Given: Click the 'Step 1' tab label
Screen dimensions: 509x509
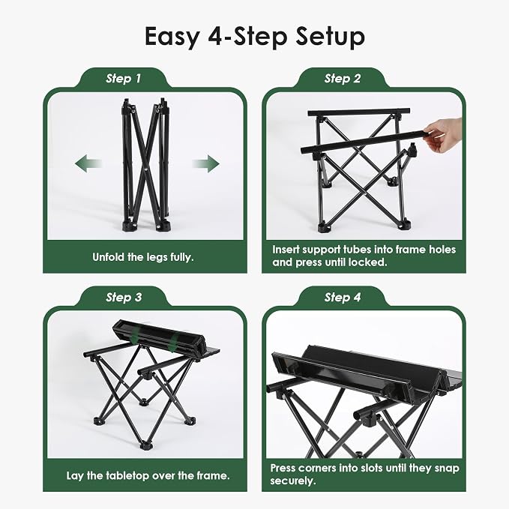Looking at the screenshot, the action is pos(124,79).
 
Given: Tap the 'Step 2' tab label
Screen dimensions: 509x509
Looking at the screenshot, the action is pos(343,79).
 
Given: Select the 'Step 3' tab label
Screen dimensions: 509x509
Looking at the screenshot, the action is pos(124,298).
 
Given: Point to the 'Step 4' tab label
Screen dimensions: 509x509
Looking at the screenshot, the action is pos(343,298).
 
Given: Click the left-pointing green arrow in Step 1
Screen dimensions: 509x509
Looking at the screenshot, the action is pos(88,163).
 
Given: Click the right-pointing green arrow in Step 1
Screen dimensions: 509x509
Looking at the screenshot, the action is pos(206,163).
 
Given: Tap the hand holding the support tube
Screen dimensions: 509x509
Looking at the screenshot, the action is pos(444,135).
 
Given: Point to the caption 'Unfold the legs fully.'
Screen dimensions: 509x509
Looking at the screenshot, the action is pos(143,257).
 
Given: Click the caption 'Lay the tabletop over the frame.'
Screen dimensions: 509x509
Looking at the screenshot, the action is pos(148,475).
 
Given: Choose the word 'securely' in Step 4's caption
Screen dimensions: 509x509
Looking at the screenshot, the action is pos(293,481).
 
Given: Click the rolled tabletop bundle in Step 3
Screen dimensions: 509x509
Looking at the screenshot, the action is pos(160,337).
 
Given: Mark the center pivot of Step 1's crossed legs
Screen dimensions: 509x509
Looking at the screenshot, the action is pos(145,169).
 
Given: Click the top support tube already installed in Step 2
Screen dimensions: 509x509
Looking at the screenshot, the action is pos(359,112).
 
